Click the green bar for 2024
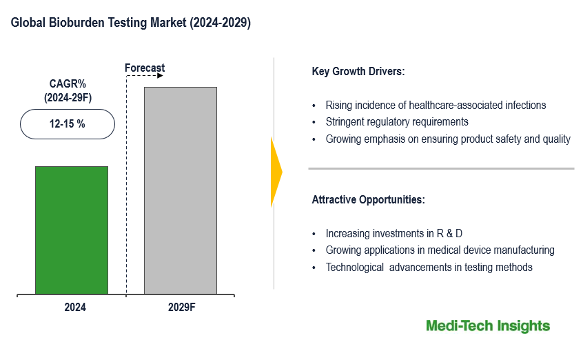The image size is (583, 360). pos(72,230)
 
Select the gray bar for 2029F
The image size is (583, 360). pos(180,190)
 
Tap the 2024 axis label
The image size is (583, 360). pos(75,308)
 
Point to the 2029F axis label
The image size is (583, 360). pos(182,308)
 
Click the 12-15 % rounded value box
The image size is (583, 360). pos(67,124)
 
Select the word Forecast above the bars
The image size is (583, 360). pos(145,68)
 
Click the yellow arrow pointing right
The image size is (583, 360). pos(276,172)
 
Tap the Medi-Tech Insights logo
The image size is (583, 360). pos(488,326)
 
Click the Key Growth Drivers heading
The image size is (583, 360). pos(358,72)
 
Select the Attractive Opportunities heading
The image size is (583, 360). pos(369,200)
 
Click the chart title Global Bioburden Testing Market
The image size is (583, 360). pos(131,23)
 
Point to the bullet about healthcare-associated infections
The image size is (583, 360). pos(436,106)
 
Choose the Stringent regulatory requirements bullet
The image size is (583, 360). pos(397,122)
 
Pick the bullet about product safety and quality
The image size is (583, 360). pos(448,139)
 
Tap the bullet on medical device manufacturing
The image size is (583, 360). pos(440,250)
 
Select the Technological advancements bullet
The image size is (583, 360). pos(429,267)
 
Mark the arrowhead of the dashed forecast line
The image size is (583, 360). pos(160,76)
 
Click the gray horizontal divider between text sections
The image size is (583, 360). pos(441,168)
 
